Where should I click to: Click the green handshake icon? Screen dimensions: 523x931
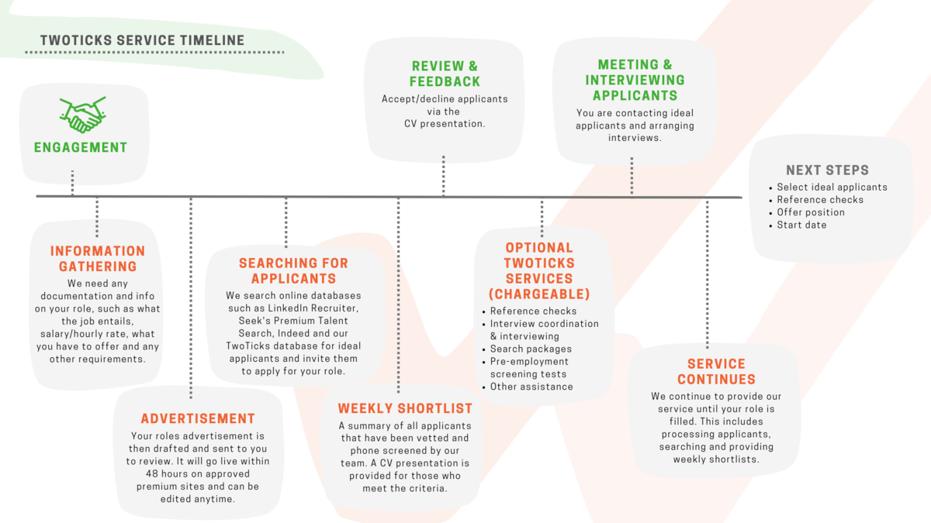[82, 114]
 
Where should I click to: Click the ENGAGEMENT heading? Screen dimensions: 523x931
[81, 147]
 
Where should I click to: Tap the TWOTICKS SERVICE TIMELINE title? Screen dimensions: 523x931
[142, 40]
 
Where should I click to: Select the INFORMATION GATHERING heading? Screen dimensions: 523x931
[98, 259]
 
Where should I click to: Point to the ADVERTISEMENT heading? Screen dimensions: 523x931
[198, 418]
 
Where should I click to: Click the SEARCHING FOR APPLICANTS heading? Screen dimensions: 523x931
[293, 271]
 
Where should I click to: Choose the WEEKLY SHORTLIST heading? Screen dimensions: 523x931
[405, 408]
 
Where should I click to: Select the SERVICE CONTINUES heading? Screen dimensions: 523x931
[716, 372]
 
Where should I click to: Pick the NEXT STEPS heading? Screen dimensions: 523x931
[827, 170]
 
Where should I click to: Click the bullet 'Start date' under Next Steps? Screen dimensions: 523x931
[801, 225]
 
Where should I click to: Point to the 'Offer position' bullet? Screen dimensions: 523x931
[810, 212]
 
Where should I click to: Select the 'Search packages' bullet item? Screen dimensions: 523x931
[531, 349]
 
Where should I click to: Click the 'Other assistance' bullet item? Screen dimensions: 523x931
[531, 387]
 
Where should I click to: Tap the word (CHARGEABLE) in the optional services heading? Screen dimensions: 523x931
[538, 294]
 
